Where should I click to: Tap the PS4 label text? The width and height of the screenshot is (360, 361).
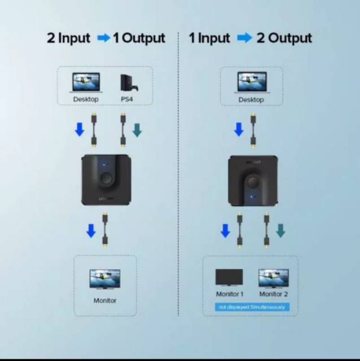[126, 99]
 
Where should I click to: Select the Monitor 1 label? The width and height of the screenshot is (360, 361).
[230, 294]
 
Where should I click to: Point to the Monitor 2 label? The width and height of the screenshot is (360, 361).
[274, 294]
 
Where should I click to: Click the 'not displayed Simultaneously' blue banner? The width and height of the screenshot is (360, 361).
[251, 307]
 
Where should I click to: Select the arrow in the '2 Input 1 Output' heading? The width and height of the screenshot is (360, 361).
[104, 38]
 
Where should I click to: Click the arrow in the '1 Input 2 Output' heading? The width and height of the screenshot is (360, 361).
[244, 38]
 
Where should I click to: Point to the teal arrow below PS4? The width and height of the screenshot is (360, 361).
[137, 130]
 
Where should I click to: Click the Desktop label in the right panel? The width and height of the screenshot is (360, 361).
[251, 100]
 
